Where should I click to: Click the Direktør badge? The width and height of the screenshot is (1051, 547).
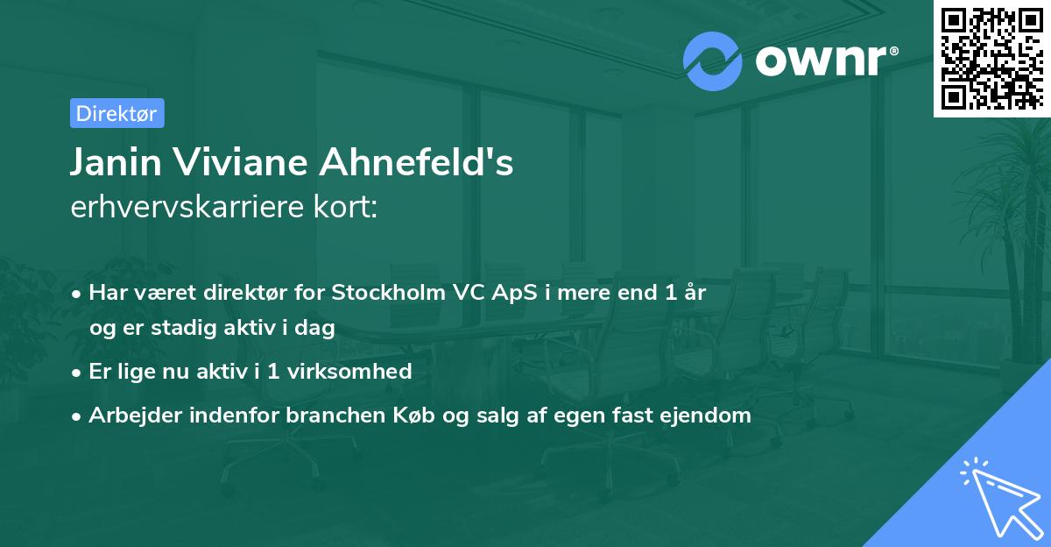click(x=116, y=113)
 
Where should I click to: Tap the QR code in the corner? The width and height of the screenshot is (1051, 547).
click(x=991, y=58)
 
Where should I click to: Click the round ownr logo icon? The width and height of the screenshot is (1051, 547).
click(x=712, y=60)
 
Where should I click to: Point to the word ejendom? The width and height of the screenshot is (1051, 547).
click(x=710, y=416)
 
